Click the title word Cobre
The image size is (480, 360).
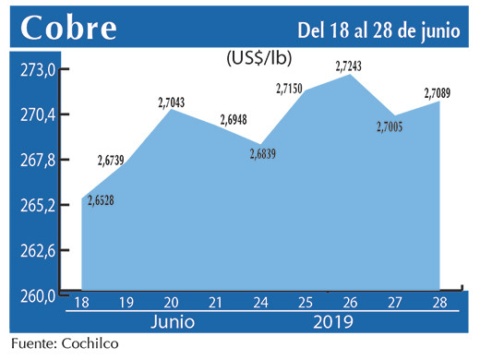click(70, 28)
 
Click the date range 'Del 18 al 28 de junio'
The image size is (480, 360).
click(378, 29)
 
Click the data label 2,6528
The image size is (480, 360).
click(105, 202)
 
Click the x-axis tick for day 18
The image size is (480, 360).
click(81, 303)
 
